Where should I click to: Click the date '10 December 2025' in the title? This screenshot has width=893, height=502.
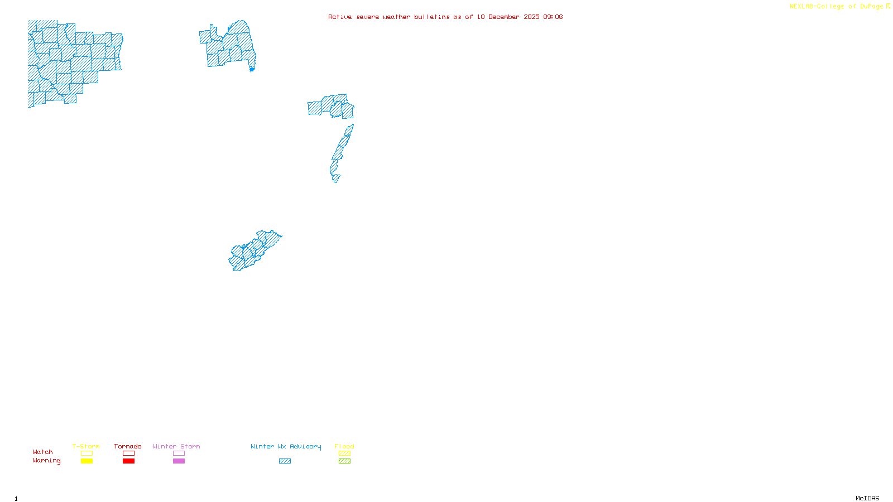[508, 17]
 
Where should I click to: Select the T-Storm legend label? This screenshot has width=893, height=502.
[86, 446]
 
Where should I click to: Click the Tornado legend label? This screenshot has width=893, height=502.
[128, 446]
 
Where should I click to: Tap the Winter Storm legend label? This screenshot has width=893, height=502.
[176, 446]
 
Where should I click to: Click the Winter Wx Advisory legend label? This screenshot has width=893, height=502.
[286, 446]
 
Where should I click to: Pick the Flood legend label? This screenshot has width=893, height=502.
[344, 446]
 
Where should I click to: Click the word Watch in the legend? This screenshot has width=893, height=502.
[43, 452]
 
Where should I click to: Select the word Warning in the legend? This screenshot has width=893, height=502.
[47, 461]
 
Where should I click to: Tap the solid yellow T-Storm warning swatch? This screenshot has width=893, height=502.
[87, 461]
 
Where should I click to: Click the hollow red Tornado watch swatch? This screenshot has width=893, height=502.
[128, 453]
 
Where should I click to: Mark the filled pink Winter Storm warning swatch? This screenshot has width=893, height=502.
[179, 461]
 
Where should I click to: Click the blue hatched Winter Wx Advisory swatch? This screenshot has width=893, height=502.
[285, 461]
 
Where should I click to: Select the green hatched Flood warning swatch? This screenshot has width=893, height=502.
[344, 461]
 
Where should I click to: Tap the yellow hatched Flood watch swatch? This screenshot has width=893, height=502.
[344, 453]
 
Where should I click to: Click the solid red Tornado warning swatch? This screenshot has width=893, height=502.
[128, 461]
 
